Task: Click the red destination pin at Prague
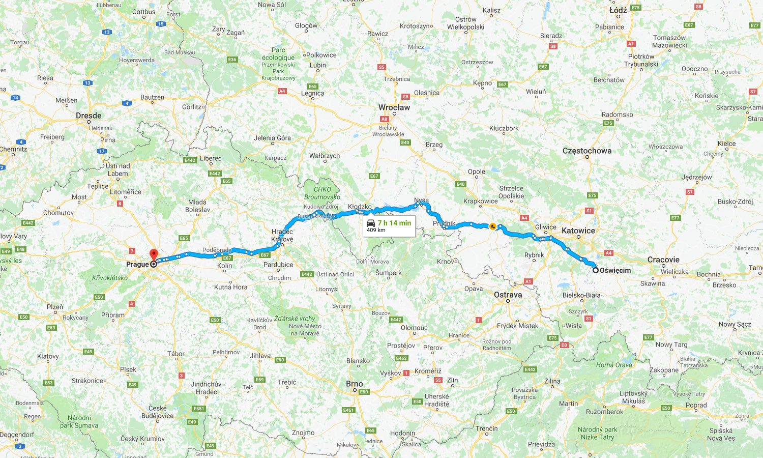click(154, 254)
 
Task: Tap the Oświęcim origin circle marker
click(595, 270)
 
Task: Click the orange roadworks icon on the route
click(492, 226)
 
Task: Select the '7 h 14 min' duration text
click(394, 223)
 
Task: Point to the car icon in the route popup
click(371, 223)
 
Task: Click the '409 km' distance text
click(376, 231)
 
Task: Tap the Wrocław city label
click(394, 107)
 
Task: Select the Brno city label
click(355, 384)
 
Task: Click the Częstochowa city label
click(587, 151)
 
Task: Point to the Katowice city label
click(578, 231)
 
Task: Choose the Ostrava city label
click(508, 295)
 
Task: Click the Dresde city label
click(89, 116)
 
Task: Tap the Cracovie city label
click(663, 260)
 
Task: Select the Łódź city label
click(618, 10)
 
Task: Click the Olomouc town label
click(414, 328)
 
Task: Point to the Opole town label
click(477, 171)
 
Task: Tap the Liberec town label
click(211, 158)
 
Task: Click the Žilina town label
click(552, 381)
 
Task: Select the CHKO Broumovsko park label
click(322, 193)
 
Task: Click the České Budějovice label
click(158, 412)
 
